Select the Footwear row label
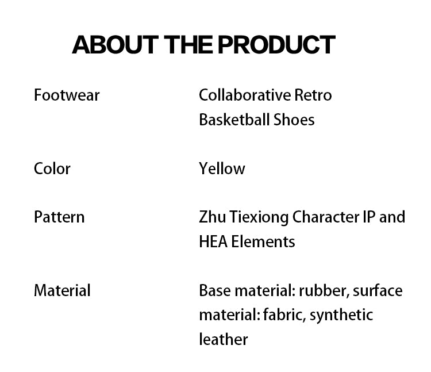[67, 95]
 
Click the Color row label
[52, 168]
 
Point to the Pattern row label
[59, 217]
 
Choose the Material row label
[62, 290]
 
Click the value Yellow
[222, 168]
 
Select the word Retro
[313, 95]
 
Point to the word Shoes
[294, 120]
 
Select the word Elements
[263, 241]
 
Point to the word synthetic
[341, 315]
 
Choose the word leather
[224, 339]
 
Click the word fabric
[284, 315]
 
